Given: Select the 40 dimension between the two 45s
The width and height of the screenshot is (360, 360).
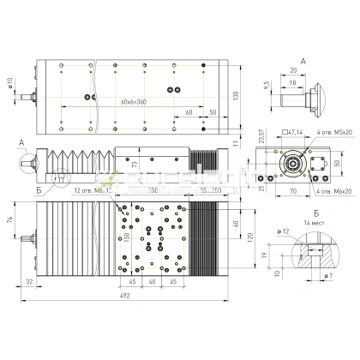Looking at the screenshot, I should pyautogui.click(x=153, y=281).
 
